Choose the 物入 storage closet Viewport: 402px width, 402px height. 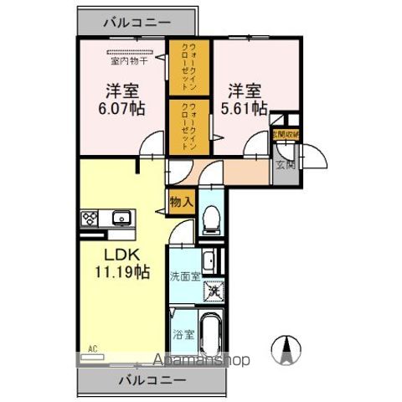point(181,200)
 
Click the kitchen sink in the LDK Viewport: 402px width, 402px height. point(122,219)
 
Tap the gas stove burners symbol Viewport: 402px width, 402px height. point(90,219)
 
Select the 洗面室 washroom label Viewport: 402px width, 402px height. point(184,276)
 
